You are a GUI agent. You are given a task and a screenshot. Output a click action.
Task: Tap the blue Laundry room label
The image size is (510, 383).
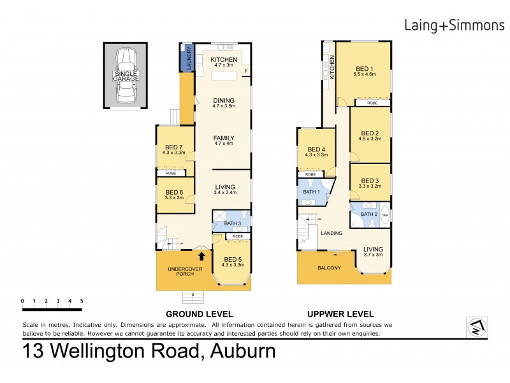pyautogui.click(x=189, y=59)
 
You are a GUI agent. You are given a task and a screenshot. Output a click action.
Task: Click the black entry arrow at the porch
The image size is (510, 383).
pyautogui.click(x=202, y=257)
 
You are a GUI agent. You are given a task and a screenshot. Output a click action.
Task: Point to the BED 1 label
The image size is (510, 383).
pyautogui.click(x=365, y=69)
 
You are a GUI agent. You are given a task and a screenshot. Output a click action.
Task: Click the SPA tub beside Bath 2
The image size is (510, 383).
pyautogui.click(x=384, y=216)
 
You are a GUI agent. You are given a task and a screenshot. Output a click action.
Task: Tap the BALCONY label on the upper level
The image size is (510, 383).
pyautogui.click(x=330, y=267)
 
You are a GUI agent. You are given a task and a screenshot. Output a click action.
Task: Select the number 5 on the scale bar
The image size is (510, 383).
pyautogui.click(x=82, y=300)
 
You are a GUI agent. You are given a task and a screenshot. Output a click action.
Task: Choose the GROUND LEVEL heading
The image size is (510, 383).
pyautogui.click(x=199, y=314)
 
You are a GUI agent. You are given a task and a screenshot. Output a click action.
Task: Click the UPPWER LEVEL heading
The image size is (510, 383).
pyautogui.click(x=340, y=314)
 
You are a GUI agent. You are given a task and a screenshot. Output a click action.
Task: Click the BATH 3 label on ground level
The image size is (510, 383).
pyautogui.click(x=232, y=223)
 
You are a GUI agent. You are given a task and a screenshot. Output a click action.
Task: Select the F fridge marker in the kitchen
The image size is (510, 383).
pyautogui.click(x=245, y=71)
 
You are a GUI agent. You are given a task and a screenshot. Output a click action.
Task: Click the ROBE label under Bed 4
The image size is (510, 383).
pyautogui.click(x=310, y=174)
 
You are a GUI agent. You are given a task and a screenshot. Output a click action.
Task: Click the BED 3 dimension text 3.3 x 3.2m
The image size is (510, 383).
pyautogui.click(x=370, y=186)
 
